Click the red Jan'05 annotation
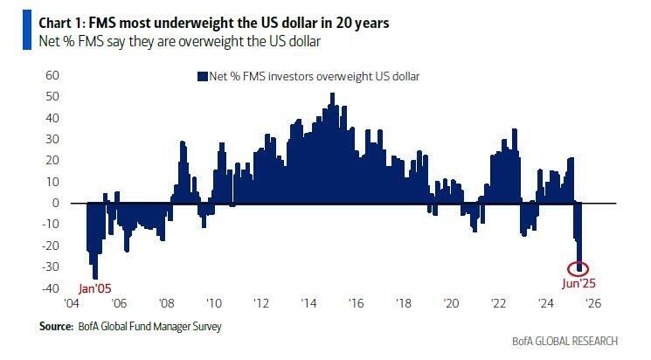96,286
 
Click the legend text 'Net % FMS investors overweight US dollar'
315,77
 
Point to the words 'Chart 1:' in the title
39,23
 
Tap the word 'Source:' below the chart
54,327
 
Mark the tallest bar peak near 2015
332,95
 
